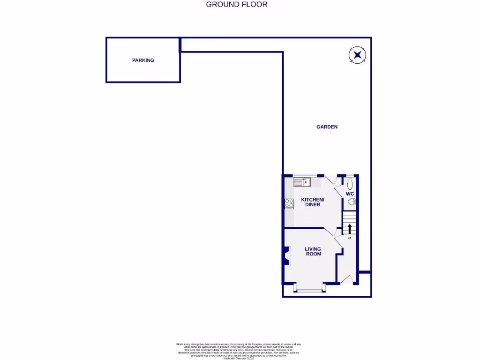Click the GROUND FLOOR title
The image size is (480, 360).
(237, 5)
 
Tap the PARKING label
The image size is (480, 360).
(143, 60)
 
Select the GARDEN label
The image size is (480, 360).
(327, 127)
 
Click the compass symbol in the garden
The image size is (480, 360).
(358, 55)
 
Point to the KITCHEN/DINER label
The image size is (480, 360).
(312, 202)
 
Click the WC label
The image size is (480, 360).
(350, 194)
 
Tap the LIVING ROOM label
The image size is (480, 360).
(313, 251)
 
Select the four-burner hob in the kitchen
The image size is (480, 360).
(289, 204)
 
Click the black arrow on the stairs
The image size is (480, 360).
(349, 229)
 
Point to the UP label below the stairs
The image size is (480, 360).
(349, 238)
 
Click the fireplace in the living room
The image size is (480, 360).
(286, 257)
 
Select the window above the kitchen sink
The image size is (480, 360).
(305, 175)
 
